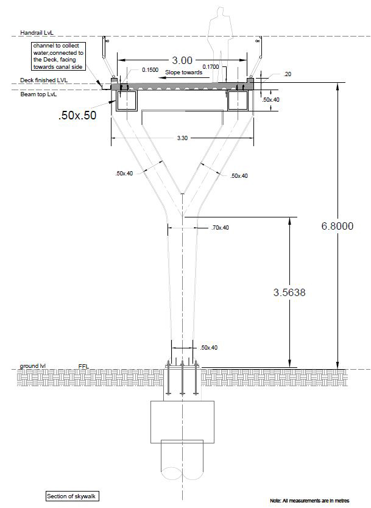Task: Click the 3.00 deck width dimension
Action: [x=182, y=60]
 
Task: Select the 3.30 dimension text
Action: [x=182, y=139]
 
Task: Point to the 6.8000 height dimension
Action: [x=337, y=226]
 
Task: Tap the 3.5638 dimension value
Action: [x=289, y=292]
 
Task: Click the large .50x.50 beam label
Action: [x=77, y=116]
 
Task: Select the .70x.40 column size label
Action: [x=219, y=227]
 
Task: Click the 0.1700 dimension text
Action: [x=211, y=66]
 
